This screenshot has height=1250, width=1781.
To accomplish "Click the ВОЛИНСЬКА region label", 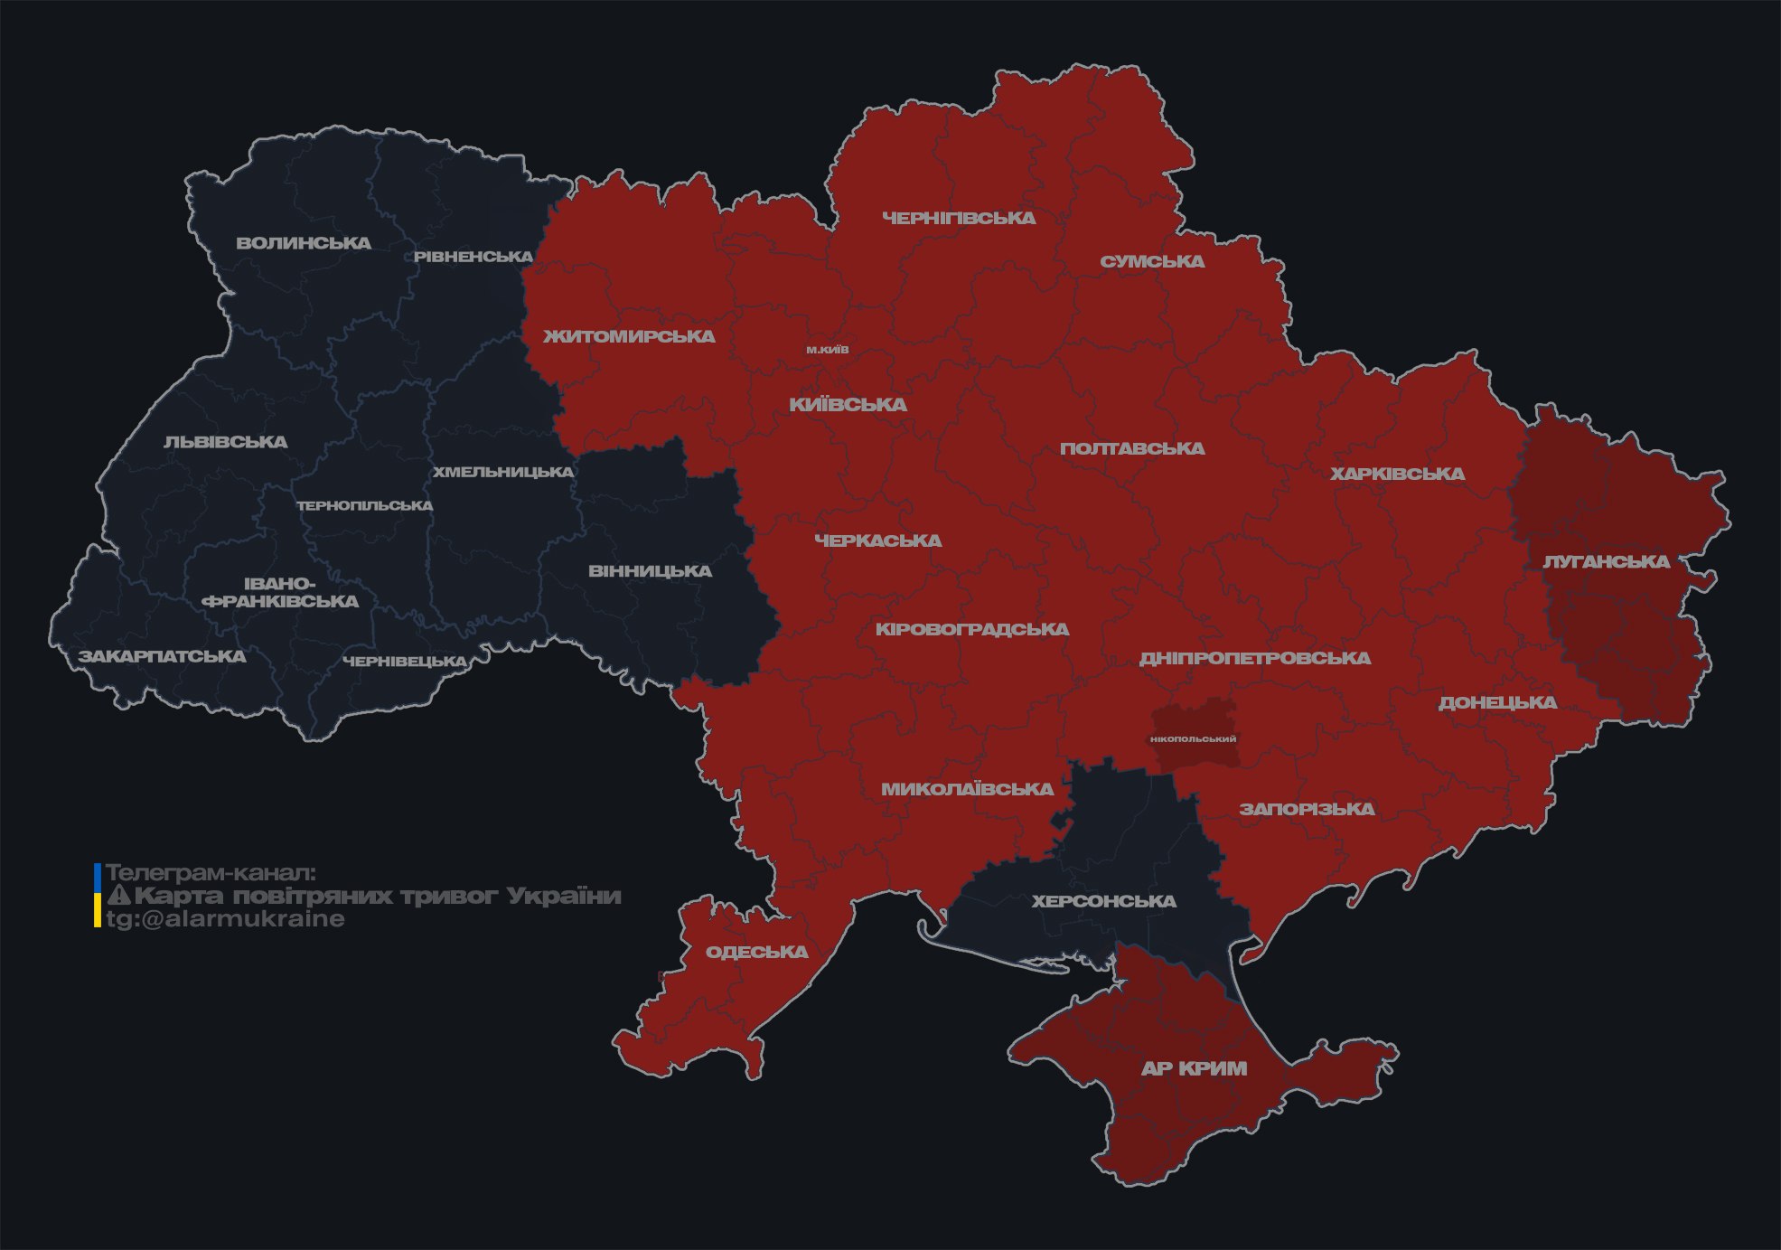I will [304, 243].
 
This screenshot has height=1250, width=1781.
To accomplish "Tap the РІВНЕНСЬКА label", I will [473, 257].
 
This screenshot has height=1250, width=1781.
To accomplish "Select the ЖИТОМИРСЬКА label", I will [629, 336].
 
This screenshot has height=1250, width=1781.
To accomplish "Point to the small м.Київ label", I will [828, 350].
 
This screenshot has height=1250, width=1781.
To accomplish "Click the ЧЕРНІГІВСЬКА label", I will [959, 218].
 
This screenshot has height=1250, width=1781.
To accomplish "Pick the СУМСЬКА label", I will [1152, 261].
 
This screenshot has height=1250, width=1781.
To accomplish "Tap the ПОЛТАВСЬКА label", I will [1132, 448].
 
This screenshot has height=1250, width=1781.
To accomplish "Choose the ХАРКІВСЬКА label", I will [1397, 474].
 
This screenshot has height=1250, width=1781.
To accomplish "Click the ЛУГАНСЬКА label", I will [1606, 561].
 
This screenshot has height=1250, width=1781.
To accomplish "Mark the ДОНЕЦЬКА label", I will [1497, 702].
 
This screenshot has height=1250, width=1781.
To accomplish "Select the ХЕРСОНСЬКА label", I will [1103, 901].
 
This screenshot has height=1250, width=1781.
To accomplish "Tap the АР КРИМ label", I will [1194, 1068].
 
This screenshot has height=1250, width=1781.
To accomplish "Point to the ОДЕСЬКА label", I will [756, 952].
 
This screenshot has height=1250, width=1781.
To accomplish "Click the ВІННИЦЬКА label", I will [650, 571].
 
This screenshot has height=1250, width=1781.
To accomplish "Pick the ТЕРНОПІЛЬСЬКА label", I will [365, 505].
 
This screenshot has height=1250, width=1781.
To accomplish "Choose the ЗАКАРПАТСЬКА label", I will [162, 656].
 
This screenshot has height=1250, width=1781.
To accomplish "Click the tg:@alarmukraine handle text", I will [225, 919].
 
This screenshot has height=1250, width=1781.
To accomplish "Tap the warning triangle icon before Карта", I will [118, 896].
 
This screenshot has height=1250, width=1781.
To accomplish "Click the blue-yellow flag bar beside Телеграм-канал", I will [98, 895].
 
